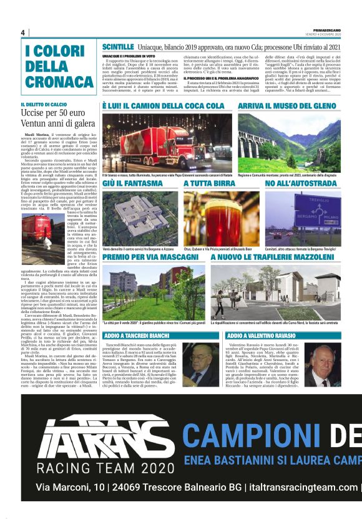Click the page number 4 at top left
pos(23,32)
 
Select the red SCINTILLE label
pos(117,47)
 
